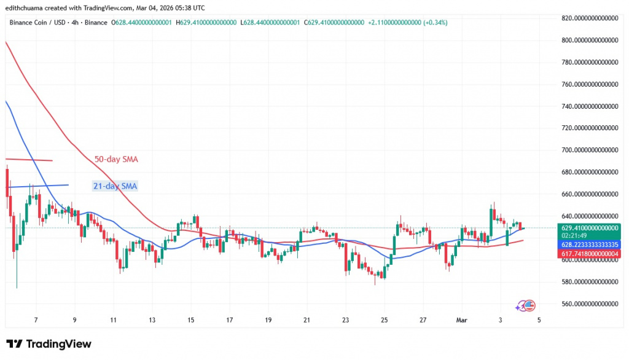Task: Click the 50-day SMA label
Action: pyautogui.click(x=116, y=160)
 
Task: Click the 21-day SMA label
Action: pyautogui.click(x=114, y=185)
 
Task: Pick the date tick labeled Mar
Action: pyautogui.click(x=462, y=320)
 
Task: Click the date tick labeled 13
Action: pyautogui.click(x=152, y=320)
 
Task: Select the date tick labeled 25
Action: pyautogui.click(x=384, y=320)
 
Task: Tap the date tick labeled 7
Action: pyautogui.click(x=36, y=320)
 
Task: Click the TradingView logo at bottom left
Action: pyautogui.click(x=49, y=344)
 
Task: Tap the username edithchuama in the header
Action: pyautogui.click(x=28, y=8)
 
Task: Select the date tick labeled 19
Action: pyautogui.click(x=268, y=320)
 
